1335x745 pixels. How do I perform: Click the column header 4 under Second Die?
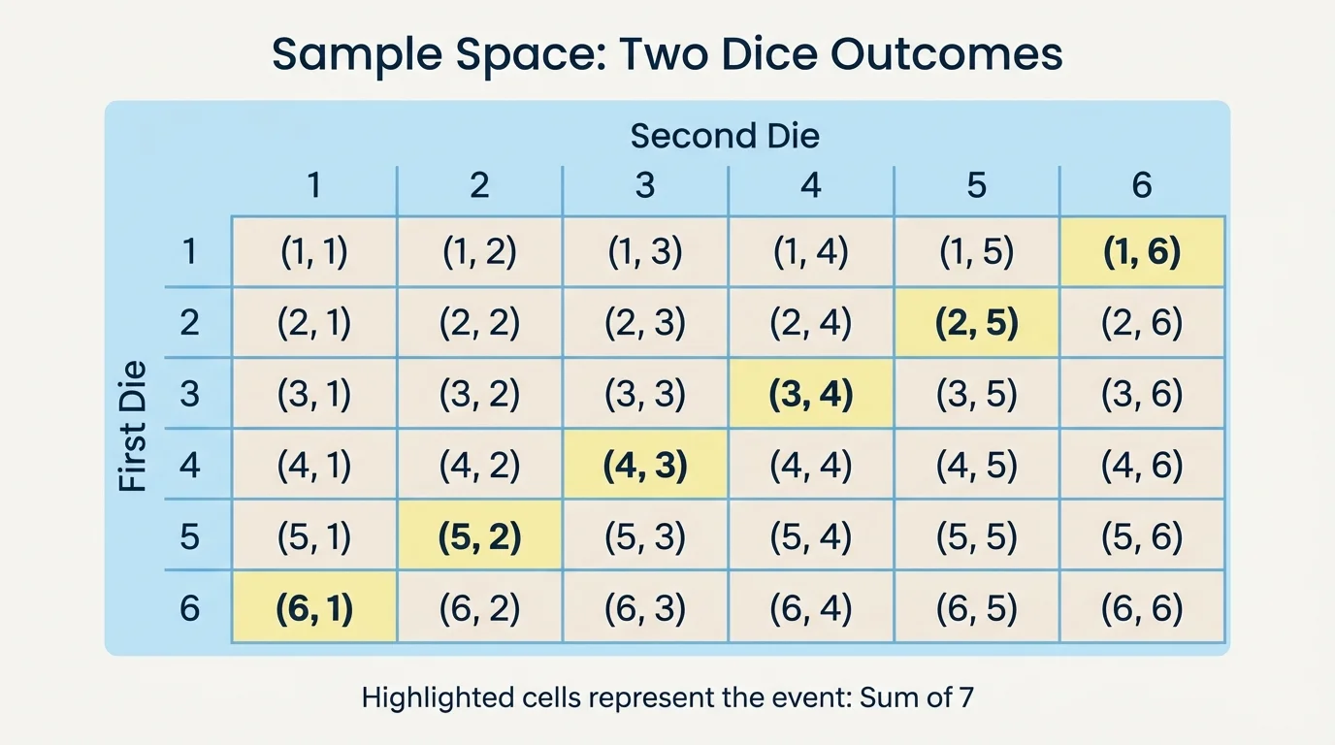pos(810,184)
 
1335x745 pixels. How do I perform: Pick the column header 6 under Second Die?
pos(1142,184)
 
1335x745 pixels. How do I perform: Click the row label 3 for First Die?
pos(189,394)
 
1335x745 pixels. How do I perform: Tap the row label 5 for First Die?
pos(189,535)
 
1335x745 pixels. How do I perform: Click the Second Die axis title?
pos(725,136)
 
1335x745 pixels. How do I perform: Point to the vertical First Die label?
pos(134,427)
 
